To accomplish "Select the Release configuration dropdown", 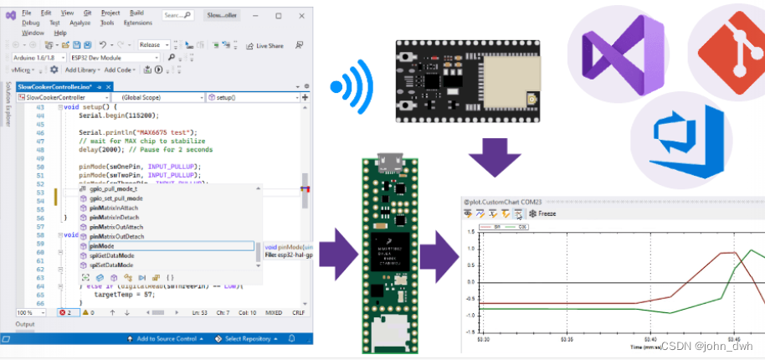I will [154, 44].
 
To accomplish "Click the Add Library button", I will [82, 69].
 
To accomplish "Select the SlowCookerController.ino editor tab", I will [55, 86].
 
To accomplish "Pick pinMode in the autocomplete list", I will [101, 246].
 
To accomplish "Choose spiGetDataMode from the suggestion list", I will [111, 255].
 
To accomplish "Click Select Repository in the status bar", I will [247, 339].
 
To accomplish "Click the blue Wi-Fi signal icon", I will [348, 87].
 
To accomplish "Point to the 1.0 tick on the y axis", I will [473, 248].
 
